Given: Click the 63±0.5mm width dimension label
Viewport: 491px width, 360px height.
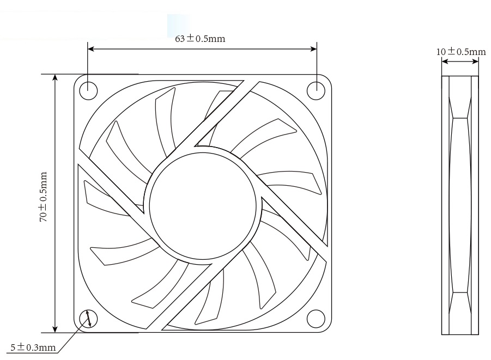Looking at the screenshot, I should [x=200, y=39].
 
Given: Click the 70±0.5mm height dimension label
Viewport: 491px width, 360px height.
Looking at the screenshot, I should [x=43, y=197].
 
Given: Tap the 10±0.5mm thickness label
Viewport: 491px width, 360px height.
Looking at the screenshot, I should [x=460, y=52].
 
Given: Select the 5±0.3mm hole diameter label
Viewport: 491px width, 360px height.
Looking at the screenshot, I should [x=33, y=347].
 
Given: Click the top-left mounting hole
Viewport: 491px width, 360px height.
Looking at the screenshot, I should [x=89, y=90].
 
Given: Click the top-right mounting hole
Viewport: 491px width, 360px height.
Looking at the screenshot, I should [x=316, y=90].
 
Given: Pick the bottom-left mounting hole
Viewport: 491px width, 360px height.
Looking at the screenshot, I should [x=89, y=318].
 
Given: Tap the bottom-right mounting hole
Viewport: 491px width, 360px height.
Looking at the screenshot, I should [x=316, y=318].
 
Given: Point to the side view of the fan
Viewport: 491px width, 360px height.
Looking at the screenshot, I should [x=459, y=205].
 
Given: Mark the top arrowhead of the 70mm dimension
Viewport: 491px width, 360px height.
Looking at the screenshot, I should [x=55, y=77].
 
